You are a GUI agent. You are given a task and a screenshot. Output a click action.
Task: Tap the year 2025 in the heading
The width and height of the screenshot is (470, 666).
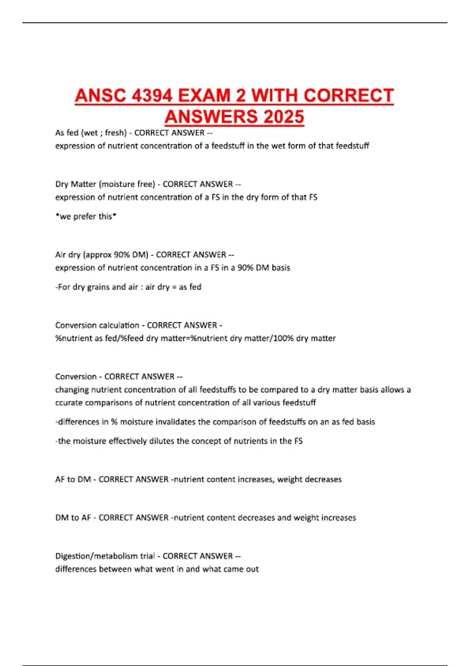click(284, 117)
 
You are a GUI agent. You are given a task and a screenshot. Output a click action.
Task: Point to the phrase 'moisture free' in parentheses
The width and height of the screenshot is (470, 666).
click(128, 184)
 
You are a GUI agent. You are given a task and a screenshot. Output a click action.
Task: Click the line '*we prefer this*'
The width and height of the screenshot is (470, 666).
click(86, 216)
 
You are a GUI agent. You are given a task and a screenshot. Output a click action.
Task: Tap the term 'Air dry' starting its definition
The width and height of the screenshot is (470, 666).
click(67, 255)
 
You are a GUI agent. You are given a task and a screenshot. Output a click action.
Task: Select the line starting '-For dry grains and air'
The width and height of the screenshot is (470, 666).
click(128, 287)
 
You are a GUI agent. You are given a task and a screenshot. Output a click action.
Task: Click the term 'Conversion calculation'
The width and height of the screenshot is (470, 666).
click(97, 325)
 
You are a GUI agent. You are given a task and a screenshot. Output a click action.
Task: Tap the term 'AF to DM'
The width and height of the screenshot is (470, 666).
click(73, 480)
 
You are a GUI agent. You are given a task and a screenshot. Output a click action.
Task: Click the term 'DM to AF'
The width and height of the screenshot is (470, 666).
click(73, 518)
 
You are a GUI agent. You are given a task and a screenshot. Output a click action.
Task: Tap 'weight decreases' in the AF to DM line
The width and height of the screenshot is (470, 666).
click(309, 480)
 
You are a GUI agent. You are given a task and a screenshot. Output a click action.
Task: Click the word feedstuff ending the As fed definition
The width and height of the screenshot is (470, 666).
click(352, 146)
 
